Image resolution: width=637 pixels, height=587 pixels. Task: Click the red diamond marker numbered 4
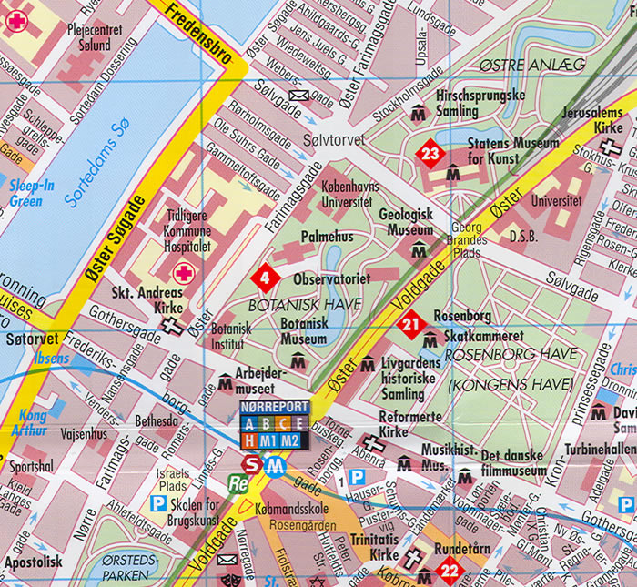click(x=264, y=276)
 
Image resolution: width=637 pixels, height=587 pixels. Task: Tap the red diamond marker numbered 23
click(x=430, y=154)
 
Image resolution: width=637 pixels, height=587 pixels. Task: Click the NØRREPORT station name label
click(x=274, y=407)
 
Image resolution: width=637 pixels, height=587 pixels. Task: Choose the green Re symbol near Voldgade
click(x=239, y=483)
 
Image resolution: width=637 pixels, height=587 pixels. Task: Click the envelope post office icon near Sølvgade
click(x=298, y=96)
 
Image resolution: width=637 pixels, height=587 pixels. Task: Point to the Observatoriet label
click(x=331, y=278)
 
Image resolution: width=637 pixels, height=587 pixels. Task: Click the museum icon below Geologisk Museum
click(x=419, y=251)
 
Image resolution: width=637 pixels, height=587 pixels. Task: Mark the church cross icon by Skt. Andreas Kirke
click(x=171, y=323)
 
